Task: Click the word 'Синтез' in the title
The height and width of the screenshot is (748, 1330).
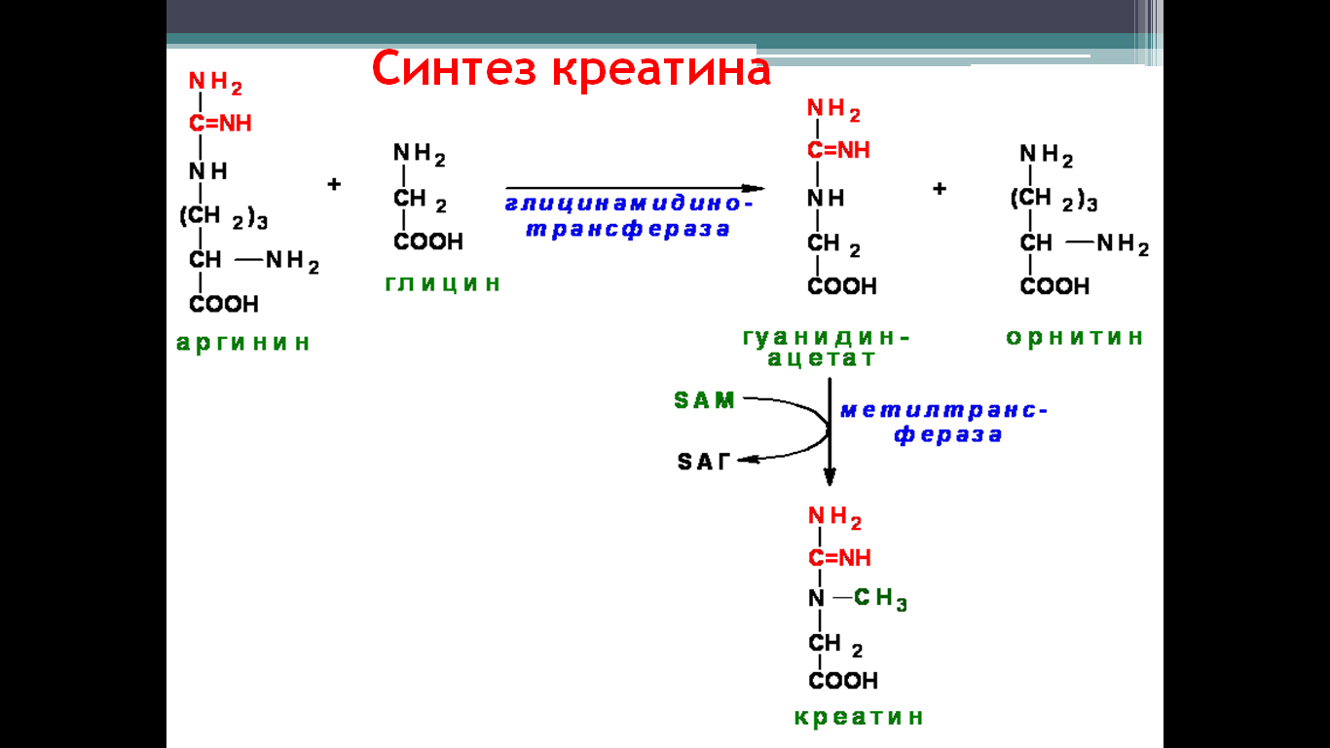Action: [455, 69]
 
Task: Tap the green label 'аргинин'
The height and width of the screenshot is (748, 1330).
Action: [243, 344]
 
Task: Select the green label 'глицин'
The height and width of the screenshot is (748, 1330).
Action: [442, 283]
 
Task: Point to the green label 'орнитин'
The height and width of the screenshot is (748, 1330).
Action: [1075, 337]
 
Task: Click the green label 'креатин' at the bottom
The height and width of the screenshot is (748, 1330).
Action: [859, 717]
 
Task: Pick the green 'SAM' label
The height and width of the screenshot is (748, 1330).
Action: [705, 400]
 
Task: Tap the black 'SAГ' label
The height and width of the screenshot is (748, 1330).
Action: [704, 462]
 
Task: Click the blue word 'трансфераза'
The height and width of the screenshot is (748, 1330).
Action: [628, 230]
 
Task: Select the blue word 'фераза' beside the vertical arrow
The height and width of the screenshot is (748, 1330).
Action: [947, 435]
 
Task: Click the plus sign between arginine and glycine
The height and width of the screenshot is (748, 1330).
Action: [334, 184]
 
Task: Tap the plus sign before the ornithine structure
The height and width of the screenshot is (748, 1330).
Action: [940, 189]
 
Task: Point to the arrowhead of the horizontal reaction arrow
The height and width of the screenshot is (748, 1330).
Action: [754, 188]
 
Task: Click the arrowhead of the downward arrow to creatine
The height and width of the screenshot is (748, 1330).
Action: [831, 477]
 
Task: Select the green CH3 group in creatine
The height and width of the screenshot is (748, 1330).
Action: [880, 599]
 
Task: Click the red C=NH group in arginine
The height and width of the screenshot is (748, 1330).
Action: [220, 124]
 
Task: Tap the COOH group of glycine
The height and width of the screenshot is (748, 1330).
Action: [428, 242]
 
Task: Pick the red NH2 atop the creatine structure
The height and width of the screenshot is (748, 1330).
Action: [834, 517]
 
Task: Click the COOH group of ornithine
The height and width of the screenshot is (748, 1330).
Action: [1054, 286]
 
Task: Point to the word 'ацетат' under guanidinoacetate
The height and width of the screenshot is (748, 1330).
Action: [821, 358]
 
